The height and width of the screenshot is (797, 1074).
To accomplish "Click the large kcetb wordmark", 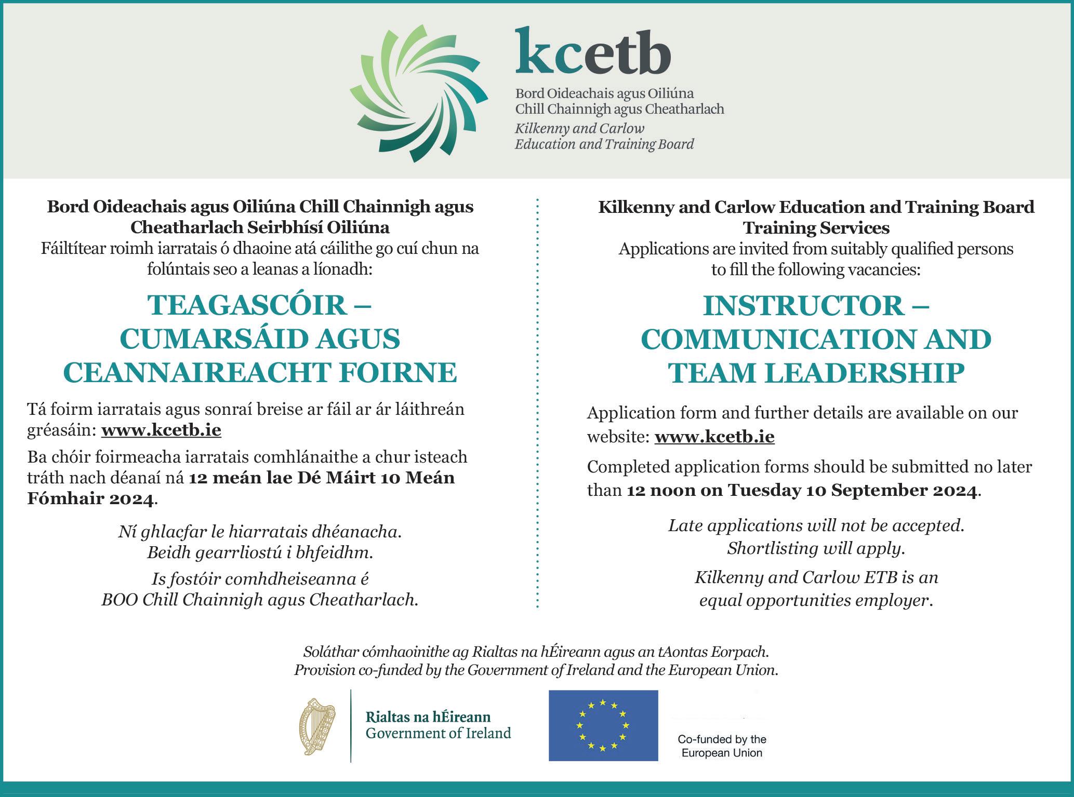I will point(593,52).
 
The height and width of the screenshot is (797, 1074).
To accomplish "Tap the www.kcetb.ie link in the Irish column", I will point(161,430).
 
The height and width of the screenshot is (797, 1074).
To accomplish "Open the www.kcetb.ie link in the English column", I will point(714,437).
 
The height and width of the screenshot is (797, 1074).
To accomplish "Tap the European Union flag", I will point(603,725).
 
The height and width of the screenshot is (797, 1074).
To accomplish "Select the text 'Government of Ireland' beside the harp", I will point(438,733).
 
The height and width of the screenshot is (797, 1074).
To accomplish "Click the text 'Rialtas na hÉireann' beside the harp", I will point(428,717).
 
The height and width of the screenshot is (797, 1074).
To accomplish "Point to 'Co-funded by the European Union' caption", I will point(722,746).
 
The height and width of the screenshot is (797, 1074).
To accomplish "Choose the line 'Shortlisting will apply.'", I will point(816,548).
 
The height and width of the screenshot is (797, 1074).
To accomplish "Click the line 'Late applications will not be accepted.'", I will point(816,525).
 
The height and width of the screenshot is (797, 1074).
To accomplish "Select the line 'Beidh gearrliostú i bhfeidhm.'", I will point(260,552).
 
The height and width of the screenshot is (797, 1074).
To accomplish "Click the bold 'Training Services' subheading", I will point(816,228).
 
